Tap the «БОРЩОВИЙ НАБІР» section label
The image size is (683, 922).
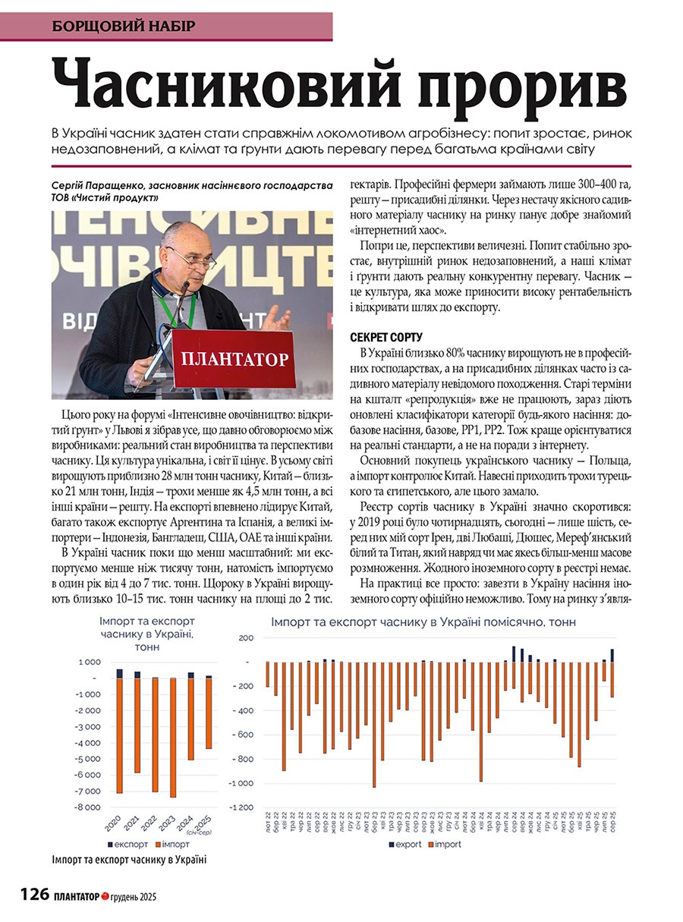point(124,26)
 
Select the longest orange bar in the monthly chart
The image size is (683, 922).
point(374,724)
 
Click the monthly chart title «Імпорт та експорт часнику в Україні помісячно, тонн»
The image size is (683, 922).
point(423,621)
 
